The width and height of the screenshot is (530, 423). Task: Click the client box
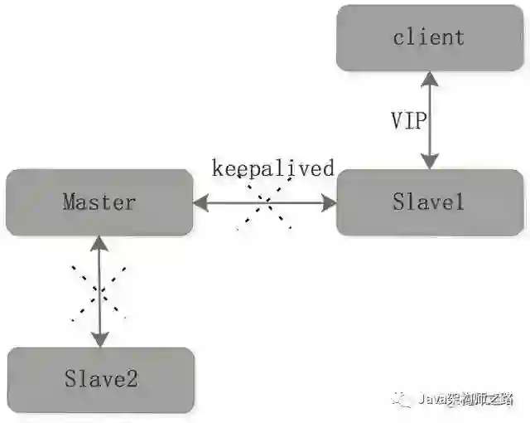pyautogui.click(x=430, y=37)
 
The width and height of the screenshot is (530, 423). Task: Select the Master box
pyautogui.click(x=99, y=202)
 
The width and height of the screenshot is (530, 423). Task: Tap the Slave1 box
pyautogui.click(x=430, y=202)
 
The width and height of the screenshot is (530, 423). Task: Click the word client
pyautogui.click(x=429, y=37)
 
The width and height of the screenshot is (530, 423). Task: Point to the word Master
pyautogui.click(x=99, y=202)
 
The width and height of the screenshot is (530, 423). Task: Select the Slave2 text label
pyautogui.click(x=100, y=380)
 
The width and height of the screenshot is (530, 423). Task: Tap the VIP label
pyautogui.click(x=408, y=120)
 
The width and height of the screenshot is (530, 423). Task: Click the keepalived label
pyautogui.click(x=272, y=169)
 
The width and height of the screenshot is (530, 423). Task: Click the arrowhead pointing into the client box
pyautogui.click(x=429, y=79)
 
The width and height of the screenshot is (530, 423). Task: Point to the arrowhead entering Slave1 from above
pyautogui.click(x=429, y=162)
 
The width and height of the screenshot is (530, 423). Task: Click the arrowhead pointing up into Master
pyautogui.click(x=99, y=243)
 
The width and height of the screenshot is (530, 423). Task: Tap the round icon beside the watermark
pyautogui.click(x=402, y=400)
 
